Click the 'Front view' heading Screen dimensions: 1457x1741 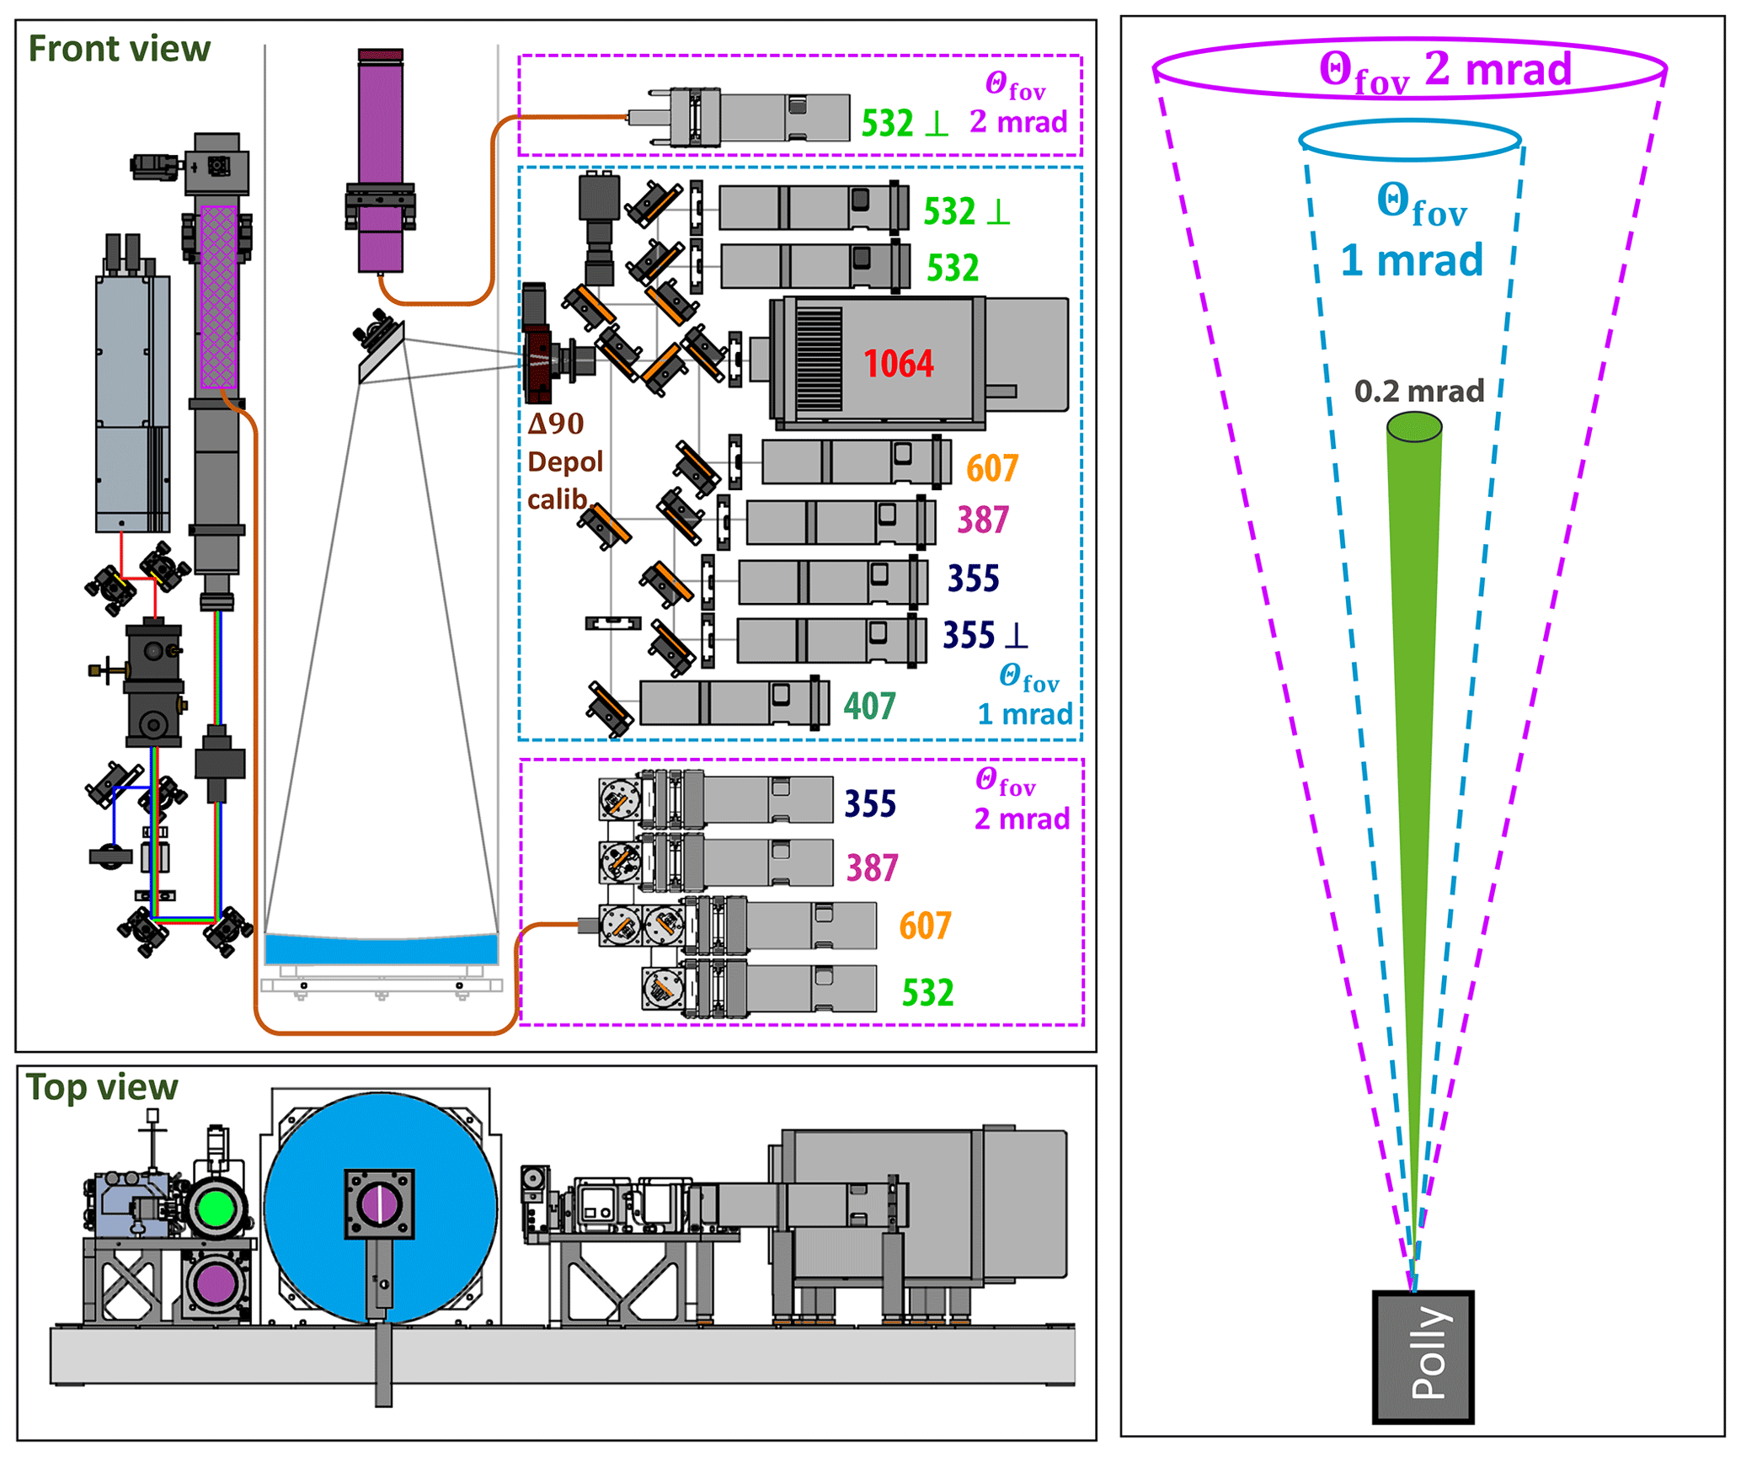(x=119, y=49)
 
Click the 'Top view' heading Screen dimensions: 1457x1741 (x=102, y=1087)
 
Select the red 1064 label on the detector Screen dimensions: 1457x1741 (x=898, y=364)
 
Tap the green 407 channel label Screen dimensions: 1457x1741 (x=869, y=707)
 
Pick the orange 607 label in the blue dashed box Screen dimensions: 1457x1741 (x=992, y=468)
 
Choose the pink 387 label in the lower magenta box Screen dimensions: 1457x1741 (x=872, y=867)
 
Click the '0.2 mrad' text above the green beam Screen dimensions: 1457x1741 (x=1418, y=392)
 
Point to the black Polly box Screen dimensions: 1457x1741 (x=1423, y=1357)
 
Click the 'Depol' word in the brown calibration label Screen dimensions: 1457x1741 (x=565, y=462)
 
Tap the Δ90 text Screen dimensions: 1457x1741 (x=556, y=424)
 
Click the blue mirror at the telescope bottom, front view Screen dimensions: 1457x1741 (x=381, y=949)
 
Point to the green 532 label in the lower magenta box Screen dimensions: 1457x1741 (x=927, y=993)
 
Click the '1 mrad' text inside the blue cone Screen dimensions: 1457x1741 (x=1412, y=259)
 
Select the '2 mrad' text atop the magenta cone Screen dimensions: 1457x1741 (x=1498, y=69)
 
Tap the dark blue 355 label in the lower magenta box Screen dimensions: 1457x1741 (x=870, y=803)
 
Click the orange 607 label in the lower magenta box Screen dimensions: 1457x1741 (x=925, y=926)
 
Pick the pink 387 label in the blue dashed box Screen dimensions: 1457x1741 (x=982, y=520)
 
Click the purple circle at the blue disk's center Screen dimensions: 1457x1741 (x=379, y=1205)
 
